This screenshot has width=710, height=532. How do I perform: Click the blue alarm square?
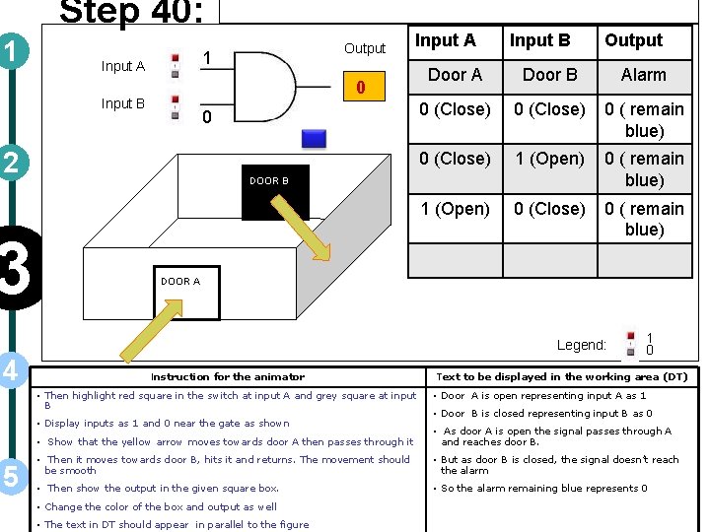tap(314, 139)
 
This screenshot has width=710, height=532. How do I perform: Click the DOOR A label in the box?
tap(180, 281)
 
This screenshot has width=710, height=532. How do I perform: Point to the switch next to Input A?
tap(175, 66)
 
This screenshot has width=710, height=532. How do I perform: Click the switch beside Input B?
tap(175, 105)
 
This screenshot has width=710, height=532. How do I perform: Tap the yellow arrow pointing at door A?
tap(159, 320)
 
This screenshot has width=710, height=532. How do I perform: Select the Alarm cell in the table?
tap(643, 75)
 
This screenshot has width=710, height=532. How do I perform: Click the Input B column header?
tap(539, 40)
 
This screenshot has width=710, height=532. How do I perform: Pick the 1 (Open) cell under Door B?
tap(549, 159)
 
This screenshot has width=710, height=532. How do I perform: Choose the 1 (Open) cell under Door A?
tap(455, 209)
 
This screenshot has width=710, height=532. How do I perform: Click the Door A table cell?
tap(455, 75)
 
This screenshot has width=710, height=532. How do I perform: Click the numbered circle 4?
tap(12, 370)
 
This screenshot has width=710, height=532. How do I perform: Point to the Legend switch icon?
tap(630, 345)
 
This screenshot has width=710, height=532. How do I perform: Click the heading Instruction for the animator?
tap(227, 376)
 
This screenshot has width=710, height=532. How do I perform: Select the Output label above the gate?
tap(364, 48)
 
